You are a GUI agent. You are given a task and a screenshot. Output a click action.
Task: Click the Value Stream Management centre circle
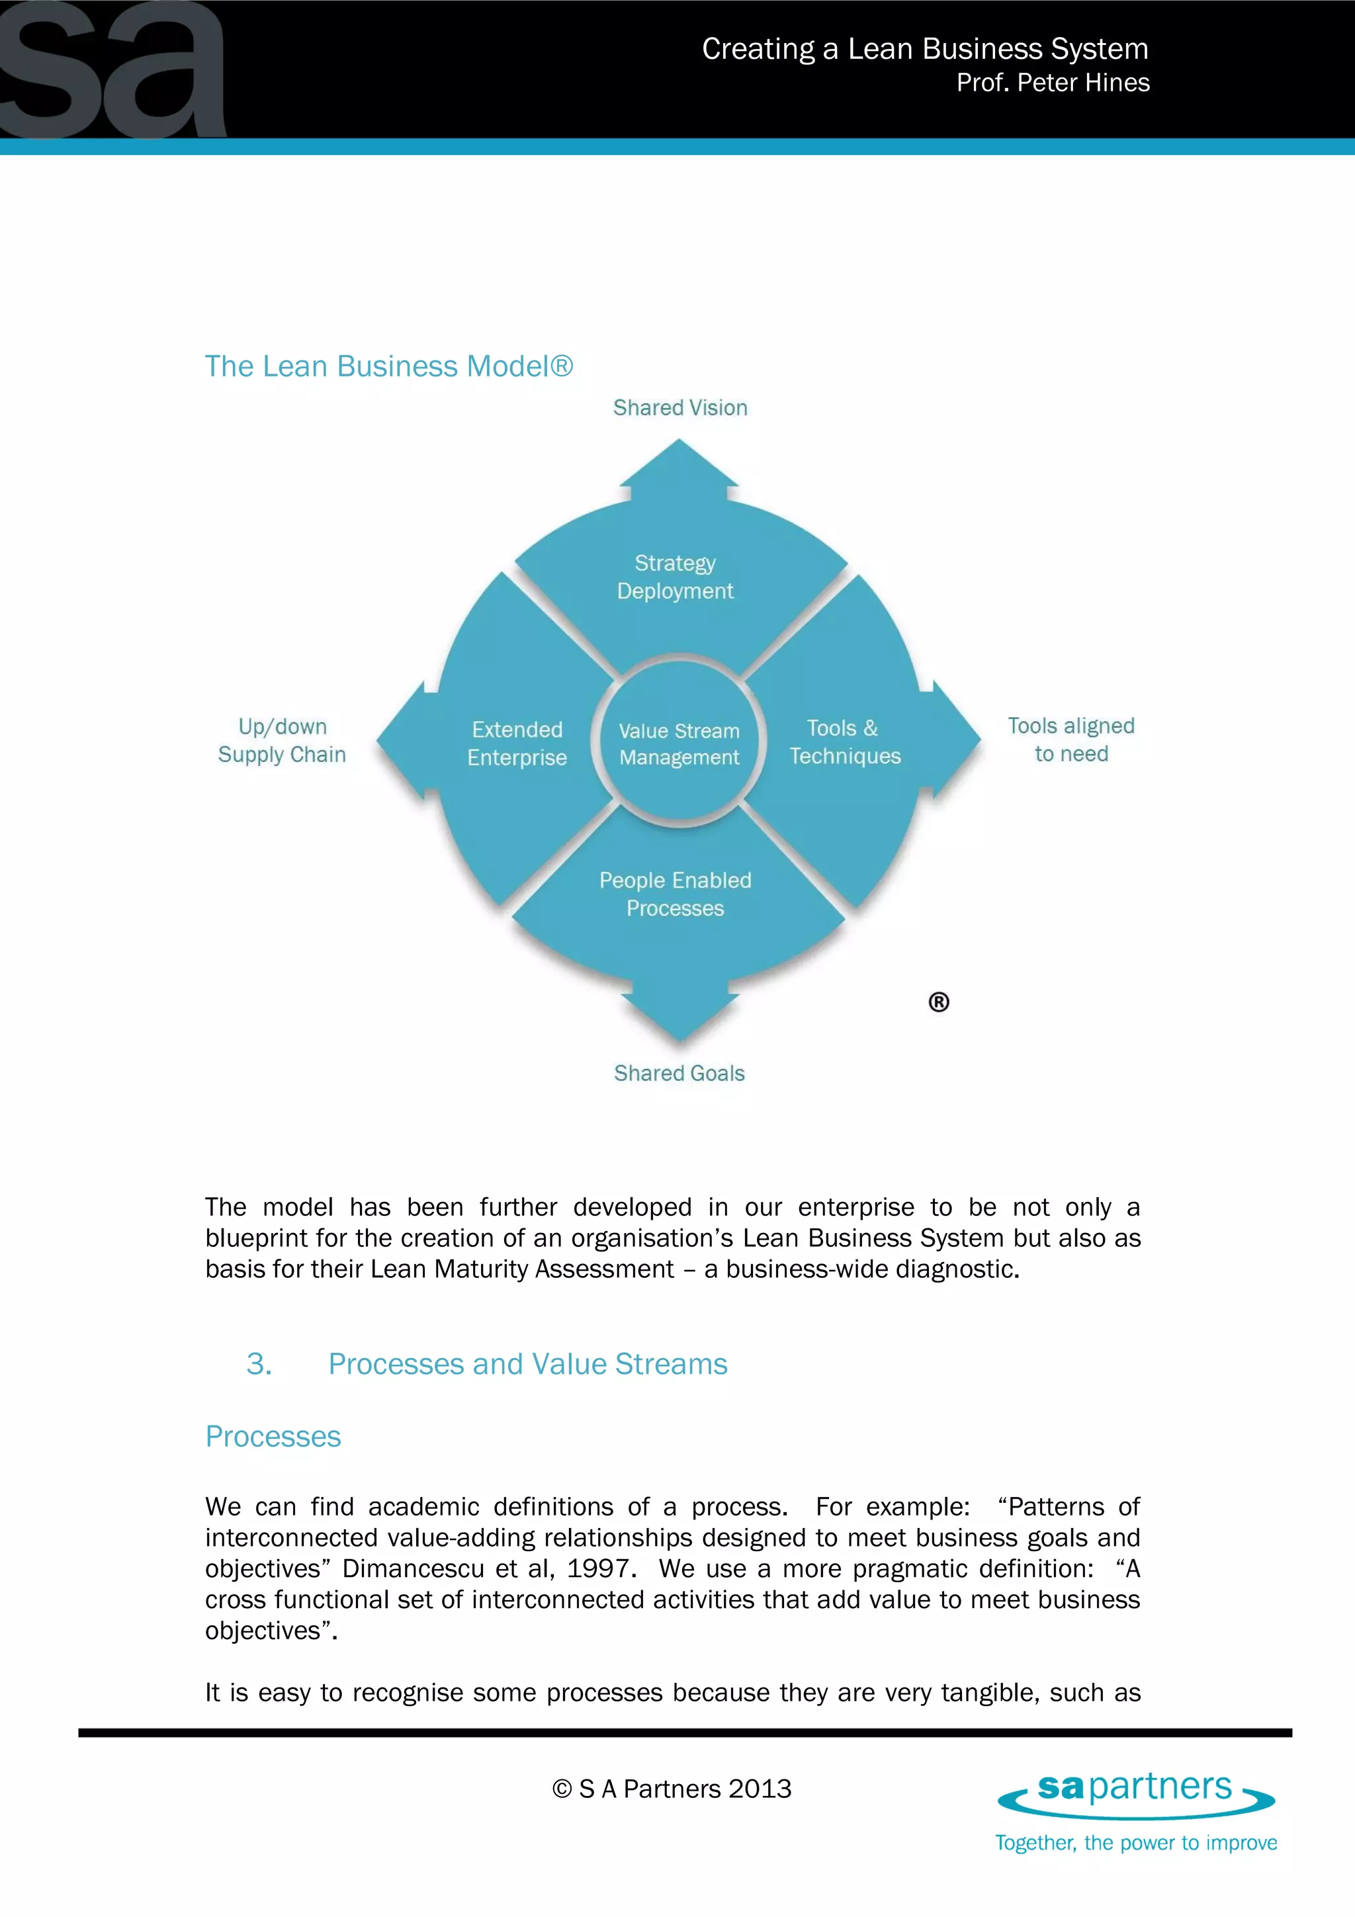click(x=679, y=743)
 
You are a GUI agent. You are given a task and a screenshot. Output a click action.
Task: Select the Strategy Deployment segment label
click(x=675, y=577)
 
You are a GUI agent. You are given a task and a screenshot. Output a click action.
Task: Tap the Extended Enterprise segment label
click(x=517, y=743)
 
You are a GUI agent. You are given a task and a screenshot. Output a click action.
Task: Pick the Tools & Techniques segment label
click(x=845, y=742)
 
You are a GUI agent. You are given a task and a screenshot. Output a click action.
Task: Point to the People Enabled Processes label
click(x=675, y=894)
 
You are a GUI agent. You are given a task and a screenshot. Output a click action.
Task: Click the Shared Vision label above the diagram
click(x=679, y=407)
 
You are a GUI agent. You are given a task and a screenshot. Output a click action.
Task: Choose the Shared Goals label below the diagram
click(x=679, y=1073)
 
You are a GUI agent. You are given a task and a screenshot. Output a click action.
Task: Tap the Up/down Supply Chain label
click(x=283, y=741)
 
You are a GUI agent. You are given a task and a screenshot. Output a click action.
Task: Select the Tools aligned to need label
click(x=1071, y=740)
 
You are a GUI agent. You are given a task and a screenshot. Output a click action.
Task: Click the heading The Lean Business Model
click(x=388, y=366)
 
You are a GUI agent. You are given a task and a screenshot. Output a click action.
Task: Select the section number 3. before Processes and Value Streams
click(x=259, y=1364)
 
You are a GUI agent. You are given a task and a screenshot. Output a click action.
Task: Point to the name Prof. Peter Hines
click(x=1053, y=83)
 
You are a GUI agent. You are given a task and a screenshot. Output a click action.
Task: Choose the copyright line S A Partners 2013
click(x=672, y=1789)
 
